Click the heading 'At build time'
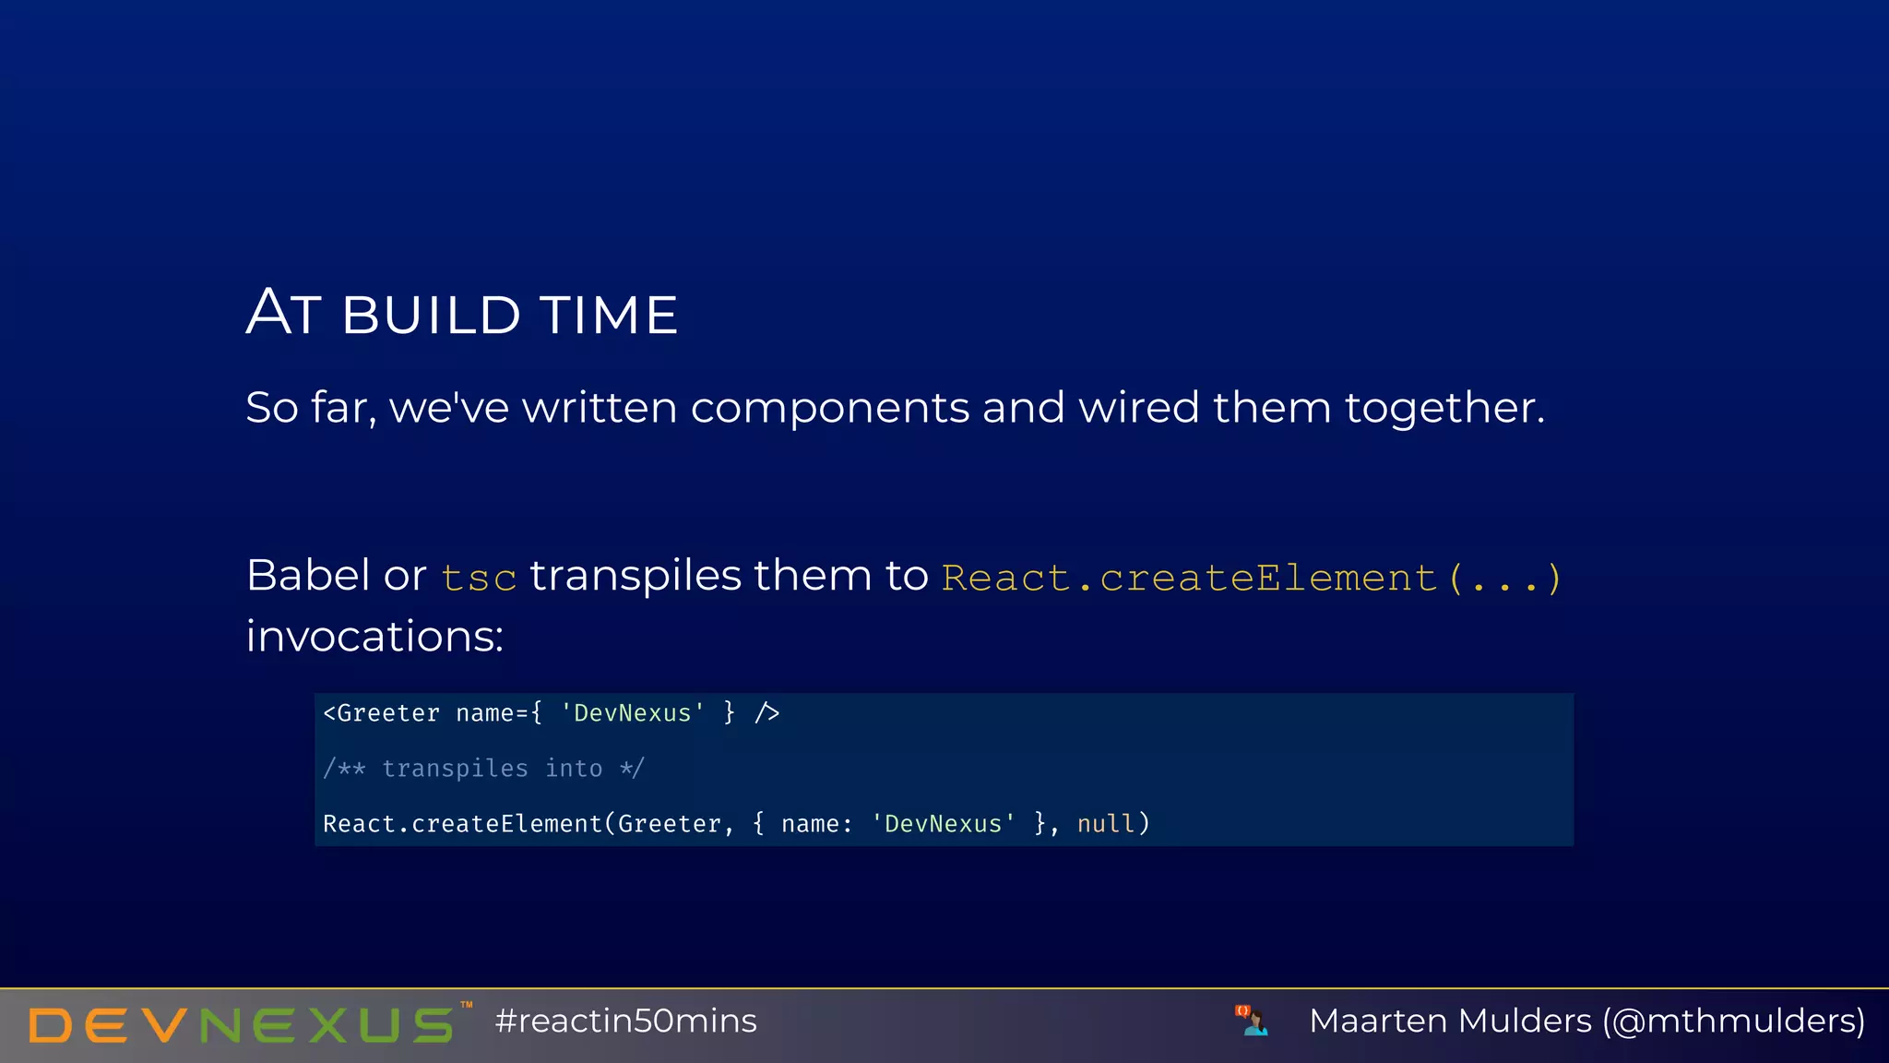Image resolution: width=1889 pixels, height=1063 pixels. pyautogui.click(x=462, y=314)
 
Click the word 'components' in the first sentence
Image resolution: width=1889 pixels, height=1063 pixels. pyautogui.click(x=829, y=408)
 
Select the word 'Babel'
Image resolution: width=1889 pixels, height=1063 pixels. pyautogui.click(x=308, y=576)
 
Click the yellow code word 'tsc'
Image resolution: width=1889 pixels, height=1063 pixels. pyautogui.click(x=478, y=579)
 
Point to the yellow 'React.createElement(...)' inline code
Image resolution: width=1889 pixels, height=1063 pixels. pyautogui.click(x=1251, y=579)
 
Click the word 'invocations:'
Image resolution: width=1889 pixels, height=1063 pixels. pyautogui.click(x=374, y=637)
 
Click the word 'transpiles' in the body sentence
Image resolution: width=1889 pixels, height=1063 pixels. pyautogui.click(x=636, y=576)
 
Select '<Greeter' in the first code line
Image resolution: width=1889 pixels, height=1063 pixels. pyautogui.click(x=381, y=713)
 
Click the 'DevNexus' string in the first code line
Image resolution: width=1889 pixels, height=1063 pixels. pyautogui.click(x=633, y=713)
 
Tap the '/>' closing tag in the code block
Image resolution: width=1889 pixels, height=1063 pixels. pyautogui.click(x=766, y=713)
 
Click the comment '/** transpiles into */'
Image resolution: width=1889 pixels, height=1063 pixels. pyautogui.click(x=483, y=769)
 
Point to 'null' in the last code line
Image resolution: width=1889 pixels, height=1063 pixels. pyautogui.click(x=1105, y=824)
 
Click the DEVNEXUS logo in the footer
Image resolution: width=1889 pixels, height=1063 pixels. pyautogui.click(x=242, y=1024)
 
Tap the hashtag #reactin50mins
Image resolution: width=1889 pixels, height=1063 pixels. pyautogui.click(x=625, y=1021)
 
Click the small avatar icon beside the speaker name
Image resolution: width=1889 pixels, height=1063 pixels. pyautogui.click(x=1252, y=1021)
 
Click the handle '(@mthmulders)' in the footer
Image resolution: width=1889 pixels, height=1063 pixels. pyautogui.click(x=1733, y=1021)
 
